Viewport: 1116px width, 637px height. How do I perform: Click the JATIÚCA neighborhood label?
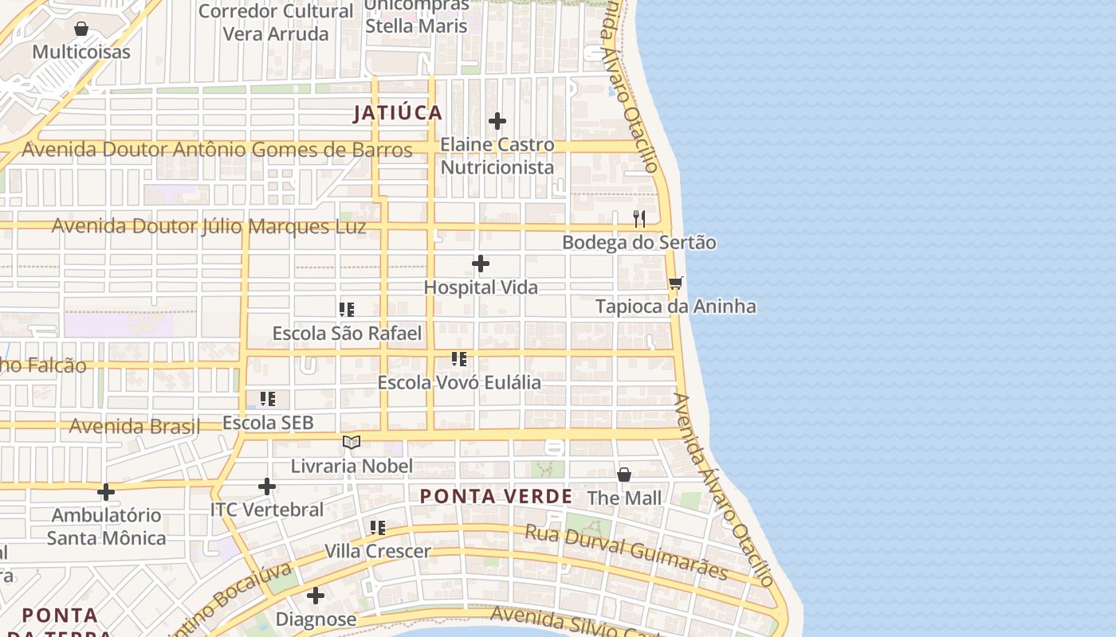(x=398, y=113)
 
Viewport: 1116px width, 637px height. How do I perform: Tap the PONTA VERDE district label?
(x=496, y=497)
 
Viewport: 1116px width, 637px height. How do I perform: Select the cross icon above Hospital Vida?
(x=481, y=264)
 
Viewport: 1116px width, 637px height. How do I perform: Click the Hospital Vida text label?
(x=481, y=287)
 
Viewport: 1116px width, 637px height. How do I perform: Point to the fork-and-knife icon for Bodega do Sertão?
(x=639, y=218)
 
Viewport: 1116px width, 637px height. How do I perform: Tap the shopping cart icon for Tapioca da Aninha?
(x=676, y=283)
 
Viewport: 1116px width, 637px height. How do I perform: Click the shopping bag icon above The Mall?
(x=624, y=475)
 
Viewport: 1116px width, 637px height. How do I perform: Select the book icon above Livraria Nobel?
(x=352, y=442)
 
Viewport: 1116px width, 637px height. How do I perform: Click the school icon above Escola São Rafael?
(x=347, y=309)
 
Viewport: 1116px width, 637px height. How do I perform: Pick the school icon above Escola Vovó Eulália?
(x=459, y=358)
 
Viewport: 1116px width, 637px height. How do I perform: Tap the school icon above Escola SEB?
(x=268, y=398)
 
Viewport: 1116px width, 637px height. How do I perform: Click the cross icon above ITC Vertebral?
(x=267, y=486)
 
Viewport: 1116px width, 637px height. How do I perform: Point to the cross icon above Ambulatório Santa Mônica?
(x=106, y=491)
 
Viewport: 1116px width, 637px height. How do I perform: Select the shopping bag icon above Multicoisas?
(x=81, y=29)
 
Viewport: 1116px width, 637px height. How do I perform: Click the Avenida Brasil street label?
(x=134, y=426)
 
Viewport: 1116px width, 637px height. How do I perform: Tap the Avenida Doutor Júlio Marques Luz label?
(x=209, y=227)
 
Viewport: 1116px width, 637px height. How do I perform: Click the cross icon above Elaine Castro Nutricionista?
(x=497, y=121)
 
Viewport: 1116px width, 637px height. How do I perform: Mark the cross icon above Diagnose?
(x=316, y=595)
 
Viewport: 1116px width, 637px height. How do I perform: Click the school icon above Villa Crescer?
(x=378, y=527)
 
